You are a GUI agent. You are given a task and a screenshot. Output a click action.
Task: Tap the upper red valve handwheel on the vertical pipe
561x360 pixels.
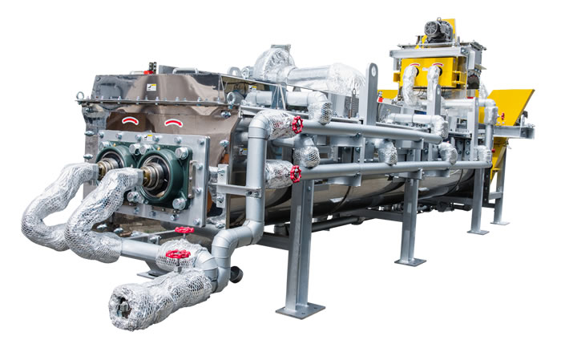tap(297, 125)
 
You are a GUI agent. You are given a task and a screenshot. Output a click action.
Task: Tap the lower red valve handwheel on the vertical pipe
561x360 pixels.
tap(294, 174)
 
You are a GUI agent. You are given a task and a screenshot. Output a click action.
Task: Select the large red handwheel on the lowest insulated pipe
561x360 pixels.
tap(178, 255)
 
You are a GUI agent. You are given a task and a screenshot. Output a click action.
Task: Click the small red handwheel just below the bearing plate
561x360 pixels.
tap(184, 230)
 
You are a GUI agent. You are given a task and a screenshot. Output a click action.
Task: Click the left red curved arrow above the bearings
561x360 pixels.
tap(131, 120)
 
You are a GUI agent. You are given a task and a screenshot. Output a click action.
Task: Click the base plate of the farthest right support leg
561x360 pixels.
tap(500, 221)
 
